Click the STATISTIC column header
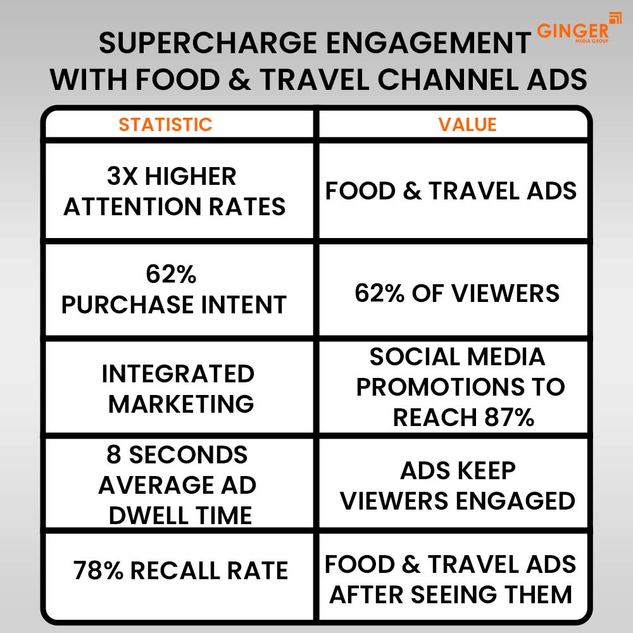coord(165,124)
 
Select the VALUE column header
coord(467,124)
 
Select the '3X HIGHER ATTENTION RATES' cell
coord(175,192)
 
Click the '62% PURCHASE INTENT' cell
coord(174,290)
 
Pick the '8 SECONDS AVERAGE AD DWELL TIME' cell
coord(178,485)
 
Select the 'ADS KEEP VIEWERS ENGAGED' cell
coord(458,486)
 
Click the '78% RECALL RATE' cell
coord(180,570)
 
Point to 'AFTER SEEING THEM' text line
coord(451,594)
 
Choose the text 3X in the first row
coord(122,177)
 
